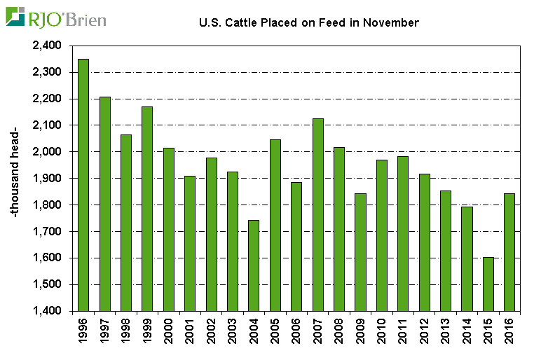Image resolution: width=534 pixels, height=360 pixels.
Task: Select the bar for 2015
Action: [x=488, y=284]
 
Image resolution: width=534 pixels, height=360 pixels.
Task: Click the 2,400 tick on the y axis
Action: [x=47, y=46]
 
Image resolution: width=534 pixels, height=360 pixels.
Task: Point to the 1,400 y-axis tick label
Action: [x=47, y=311]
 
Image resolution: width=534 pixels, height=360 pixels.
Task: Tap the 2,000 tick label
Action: [x=47, y=152]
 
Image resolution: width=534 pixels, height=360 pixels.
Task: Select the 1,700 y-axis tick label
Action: [x=47, y=231]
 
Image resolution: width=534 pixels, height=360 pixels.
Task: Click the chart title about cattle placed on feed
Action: [x=309, y=23]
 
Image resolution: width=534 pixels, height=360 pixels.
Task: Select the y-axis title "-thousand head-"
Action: [x=15, y=178]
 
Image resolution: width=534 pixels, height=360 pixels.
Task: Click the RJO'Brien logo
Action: [x=56, y=18]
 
